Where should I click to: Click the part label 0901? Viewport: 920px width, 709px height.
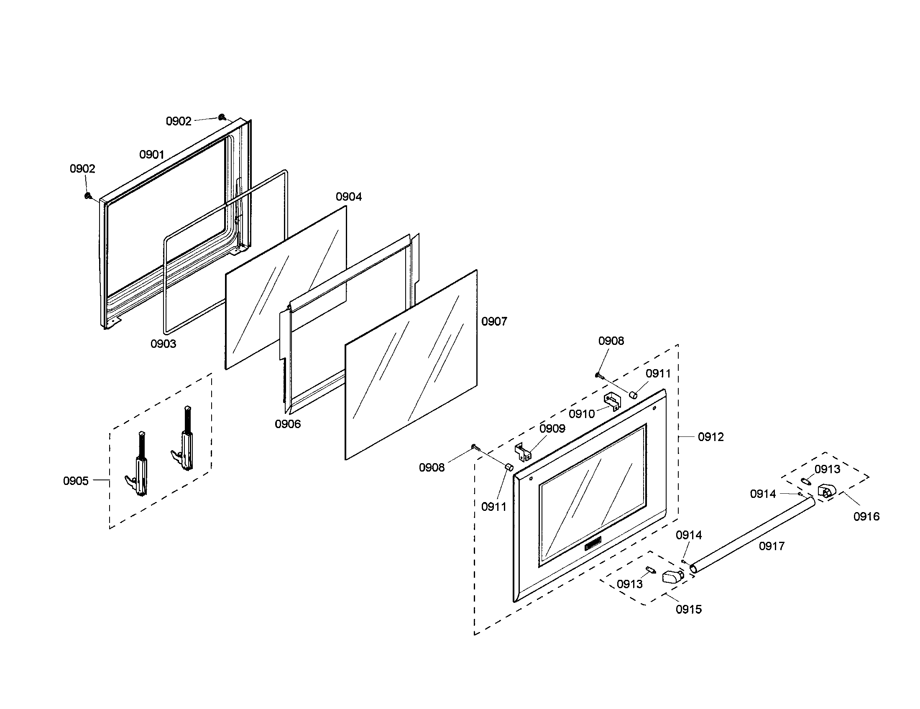pos(152,155)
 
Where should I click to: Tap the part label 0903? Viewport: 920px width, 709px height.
pos(163,344)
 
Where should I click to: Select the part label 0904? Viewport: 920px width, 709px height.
pos(349,196)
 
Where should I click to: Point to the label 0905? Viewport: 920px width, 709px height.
pos(76,481)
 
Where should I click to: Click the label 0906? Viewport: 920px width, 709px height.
pos(288,424)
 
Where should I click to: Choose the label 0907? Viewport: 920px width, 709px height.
pos(494,321)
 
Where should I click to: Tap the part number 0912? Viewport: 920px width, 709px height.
pos(710,437)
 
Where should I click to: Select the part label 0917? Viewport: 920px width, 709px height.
pos(772,546)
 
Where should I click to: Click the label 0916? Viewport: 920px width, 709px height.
pos(866,517)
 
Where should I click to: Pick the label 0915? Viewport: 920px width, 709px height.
pos(689,609)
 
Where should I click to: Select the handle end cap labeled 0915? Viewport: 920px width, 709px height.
pos(673,576)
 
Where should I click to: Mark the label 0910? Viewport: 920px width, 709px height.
pos(582,414)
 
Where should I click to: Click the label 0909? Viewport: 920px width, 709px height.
pos(552,428)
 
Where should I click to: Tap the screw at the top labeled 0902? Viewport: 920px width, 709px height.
pos(222,117)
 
